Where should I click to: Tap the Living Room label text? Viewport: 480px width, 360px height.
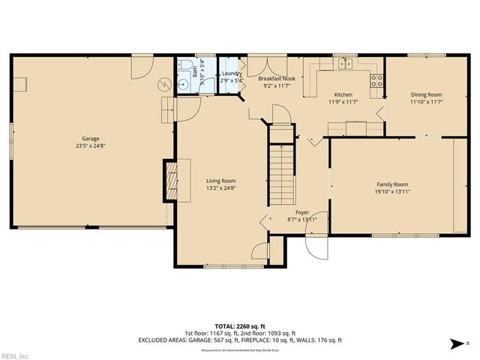(x=221, y=181)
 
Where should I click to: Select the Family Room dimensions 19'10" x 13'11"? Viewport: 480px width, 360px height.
(x=391, y=192)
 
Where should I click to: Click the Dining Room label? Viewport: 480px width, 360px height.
(x=425, y=94)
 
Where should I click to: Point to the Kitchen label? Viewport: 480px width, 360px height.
(x=343, y=94)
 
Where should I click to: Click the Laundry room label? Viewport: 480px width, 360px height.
(x=232, y=73)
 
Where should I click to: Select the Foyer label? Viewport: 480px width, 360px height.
(x=301, y=212)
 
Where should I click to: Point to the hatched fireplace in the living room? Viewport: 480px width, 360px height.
(x=172, y=180)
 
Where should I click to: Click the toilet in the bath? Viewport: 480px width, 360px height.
(x=184, y=67)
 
